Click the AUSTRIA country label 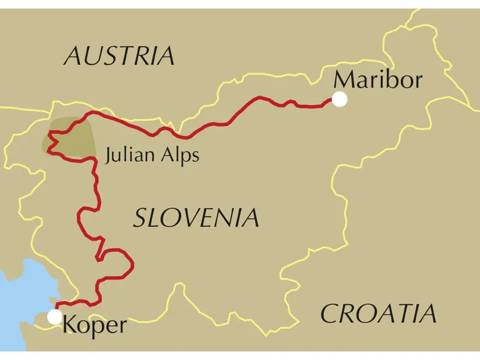(119, 56)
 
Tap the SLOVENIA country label (196, 218)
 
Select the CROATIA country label (378, 314)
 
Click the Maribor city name (378, 79)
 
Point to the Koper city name (95, 325)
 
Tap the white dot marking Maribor (340, 100)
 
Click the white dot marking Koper (55, 317)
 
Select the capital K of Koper (70, 325)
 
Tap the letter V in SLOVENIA (190, 218)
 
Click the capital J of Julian (108, 157)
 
